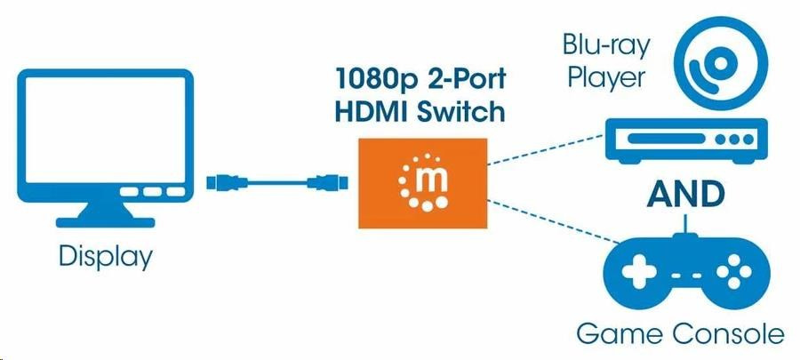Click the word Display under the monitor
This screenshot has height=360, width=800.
pyautogui.click(x=106, y=257)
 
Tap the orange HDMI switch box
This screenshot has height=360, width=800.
pyautogui.click(x=423, y=182)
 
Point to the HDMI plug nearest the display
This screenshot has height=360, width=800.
pyautogui.click(x=222, y=184)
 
